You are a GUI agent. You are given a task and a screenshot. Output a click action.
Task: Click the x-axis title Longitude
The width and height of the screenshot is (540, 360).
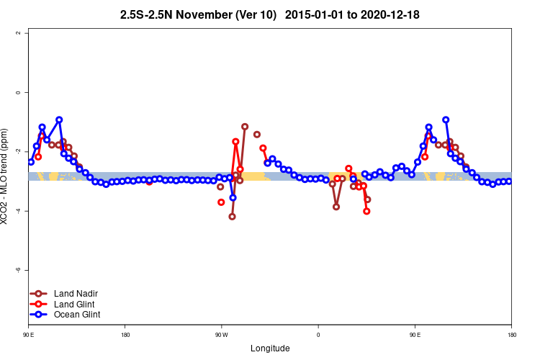[x=270, y=348]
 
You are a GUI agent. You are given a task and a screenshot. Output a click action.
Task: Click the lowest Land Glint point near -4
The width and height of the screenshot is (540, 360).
[x=366, y=211]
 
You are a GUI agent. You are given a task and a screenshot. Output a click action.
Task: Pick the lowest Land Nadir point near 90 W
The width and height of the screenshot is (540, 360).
[x=232, y=216]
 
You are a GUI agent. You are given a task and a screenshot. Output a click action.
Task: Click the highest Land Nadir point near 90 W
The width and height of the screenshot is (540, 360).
[x=245, y=127]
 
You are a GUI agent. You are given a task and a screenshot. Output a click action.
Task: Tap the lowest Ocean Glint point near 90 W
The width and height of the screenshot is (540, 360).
[x=233, y=197]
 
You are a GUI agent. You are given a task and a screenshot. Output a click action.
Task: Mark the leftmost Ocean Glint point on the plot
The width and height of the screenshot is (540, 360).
[x=31, y=162]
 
